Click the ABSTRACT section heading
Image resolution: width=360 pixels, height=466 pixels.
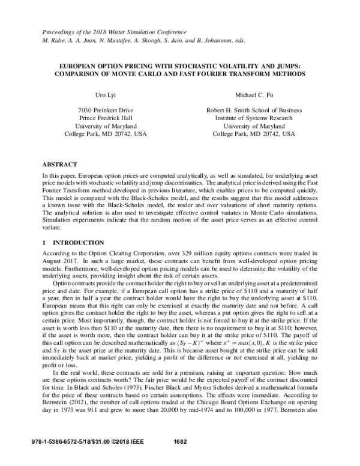pyautogui.click(x=61, y=163)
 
